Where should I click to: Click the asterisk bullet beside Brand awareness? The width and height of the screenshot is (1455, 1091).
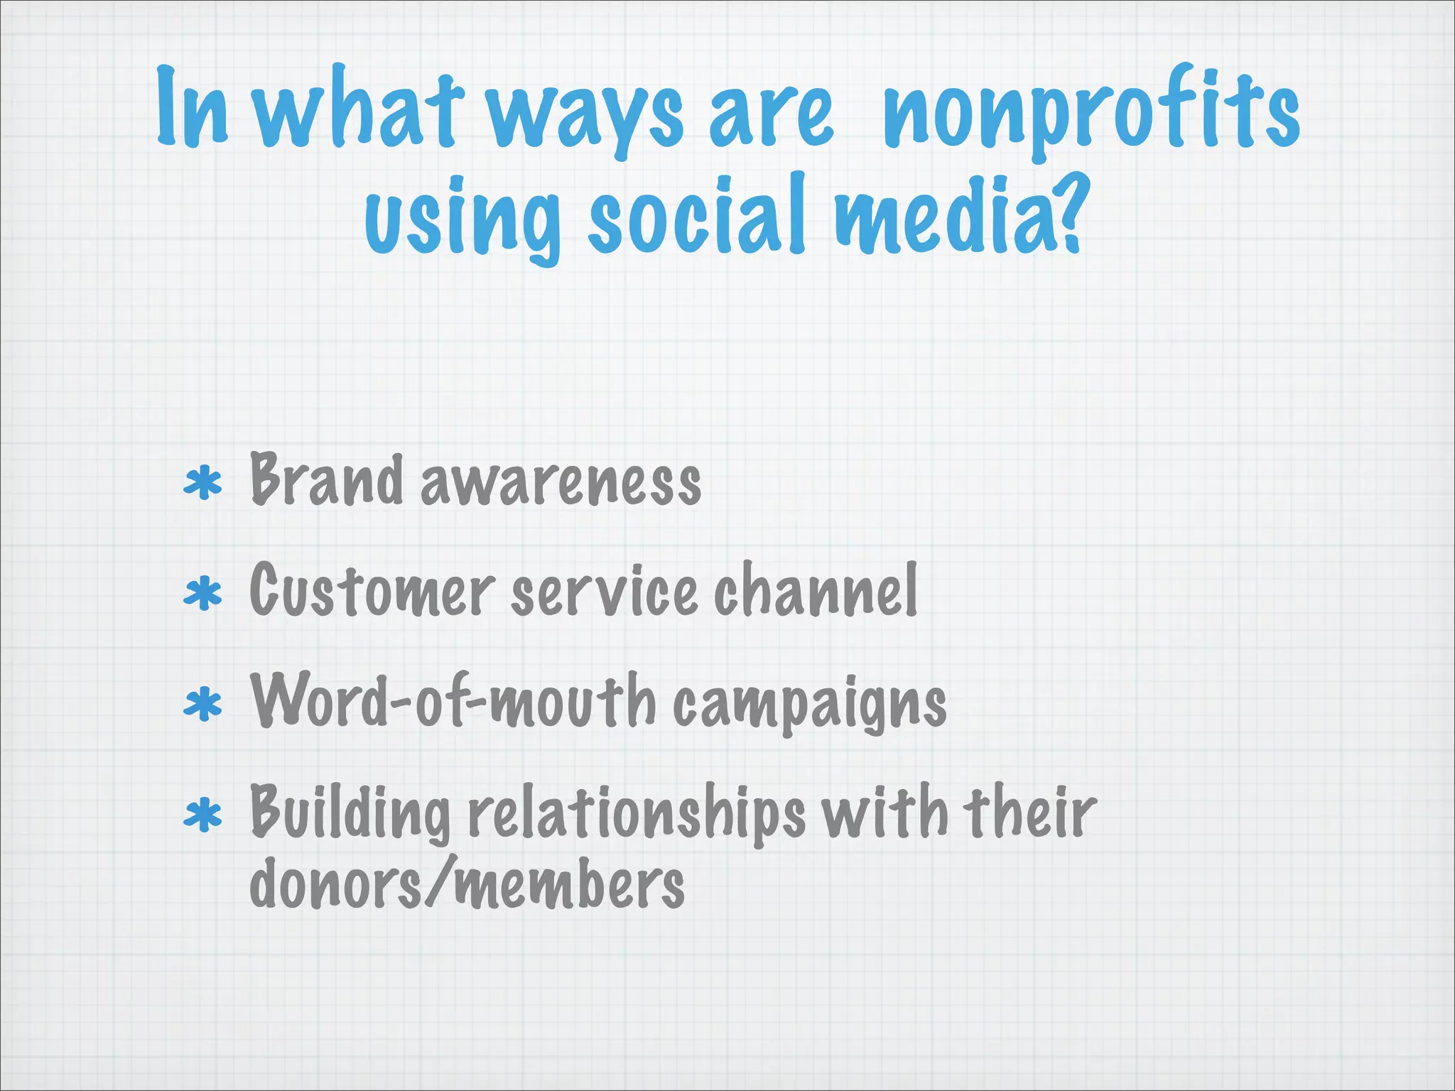(x=202, y=484)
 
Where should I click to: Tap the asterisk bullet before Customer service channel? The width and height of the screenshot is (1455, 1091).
(x=202, y=595)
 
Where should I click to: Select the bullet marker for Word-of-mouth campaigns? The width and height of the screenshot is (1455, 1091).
(x=202, y=705)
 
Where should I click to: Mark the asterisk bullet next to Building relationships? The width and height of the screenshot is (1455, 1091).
(x=202, y=815)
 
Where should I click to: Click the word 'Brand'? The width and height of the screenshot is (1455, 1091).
(x=326, y=482)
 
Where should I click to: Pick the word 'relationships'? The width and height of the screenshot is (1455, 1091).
(x=636, y=814)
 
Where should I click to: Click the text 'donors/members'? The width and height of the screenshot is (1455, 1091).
(x=467, y=885)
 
